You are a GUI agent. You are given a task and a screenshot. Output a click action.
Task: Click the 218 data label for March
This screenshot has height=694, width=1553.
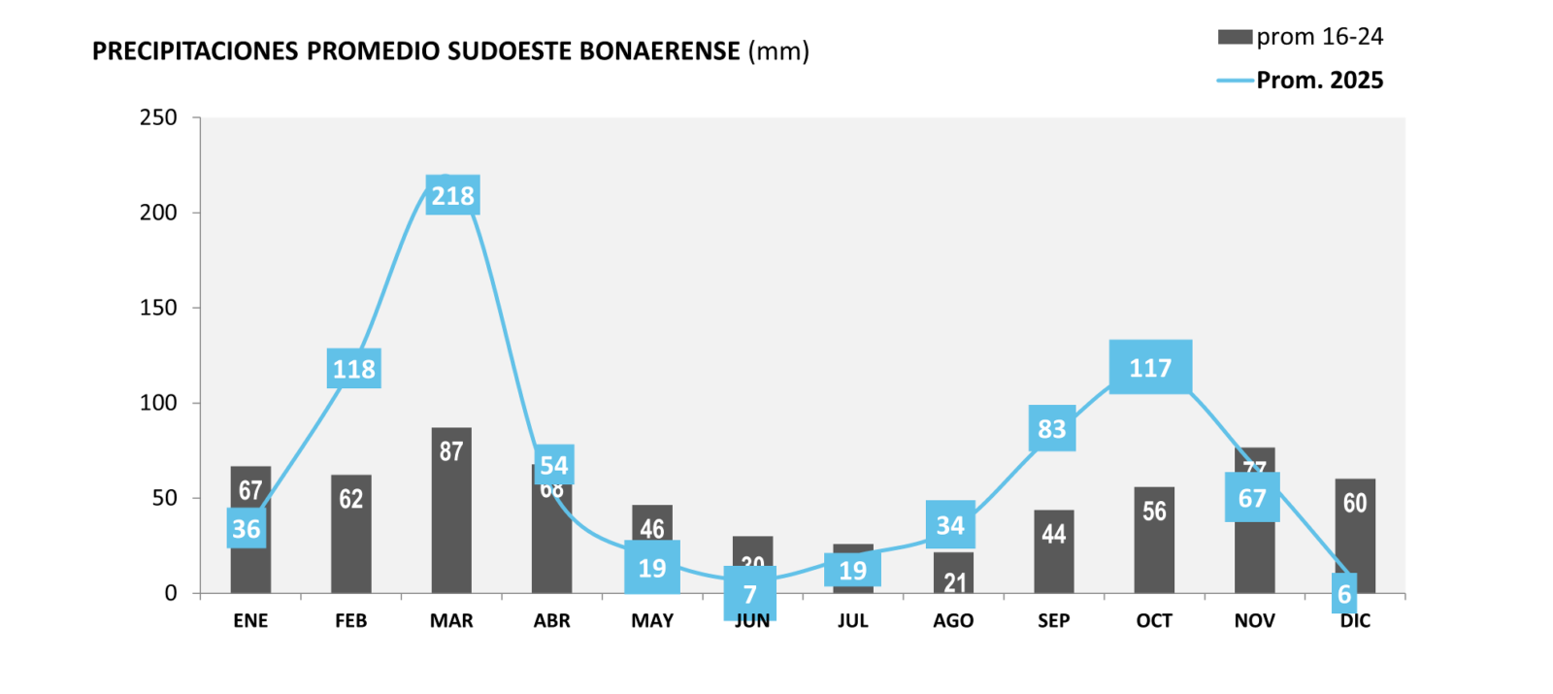[x=452, y=196]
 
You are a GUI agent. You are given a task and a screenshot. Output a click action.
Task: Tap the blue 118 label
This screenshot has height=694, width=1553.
[x=353, y=369]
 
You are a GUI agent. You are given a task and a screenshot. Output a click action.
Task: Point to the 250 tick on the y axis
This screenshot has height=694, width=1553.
[x=158, y=117]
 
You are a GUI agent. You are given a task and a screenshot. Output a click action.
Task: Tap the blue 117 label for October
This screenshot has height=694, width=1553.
[x=1150, y=368]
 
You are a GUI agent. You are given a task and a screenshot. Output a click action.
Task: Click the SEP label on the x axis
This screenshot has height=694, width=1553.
[x=1053, y=621]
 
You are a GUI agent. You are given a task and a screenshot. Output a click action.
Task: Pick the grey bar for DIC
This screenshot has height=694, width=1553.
[x=1355, y=534]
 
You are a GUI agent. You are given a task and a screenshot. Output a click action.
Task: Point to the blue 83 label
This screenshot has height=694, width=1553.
[x=1052, y=429]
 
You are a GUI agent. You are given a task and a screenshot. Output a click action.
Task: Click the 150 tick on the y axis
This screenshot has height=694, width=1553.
[x=158, y=308]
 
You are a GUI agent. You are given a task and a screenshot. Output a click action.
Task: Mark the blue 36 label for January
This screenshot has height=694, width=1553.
[x=247, y=529]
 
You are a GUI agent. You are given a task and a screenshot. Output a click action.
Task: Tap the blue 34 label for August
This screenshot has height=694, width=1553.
[x=950, y=525]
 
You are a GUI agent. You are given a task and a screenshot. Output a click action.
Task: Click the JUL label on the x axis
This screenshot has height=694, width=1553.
[x=852, y=621]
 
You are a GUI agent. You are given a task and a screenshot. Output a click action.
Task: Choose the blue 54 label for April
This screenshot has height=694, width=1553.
[x=554, y=465]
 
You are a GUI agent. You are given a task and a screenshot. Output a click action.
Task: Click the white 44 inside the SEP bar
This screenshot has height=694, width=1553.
[x=1053, y=534]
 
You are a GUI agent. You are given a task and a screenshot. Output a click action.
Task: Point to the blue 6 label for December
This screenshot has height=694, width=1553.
[x=1344, y=594]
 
